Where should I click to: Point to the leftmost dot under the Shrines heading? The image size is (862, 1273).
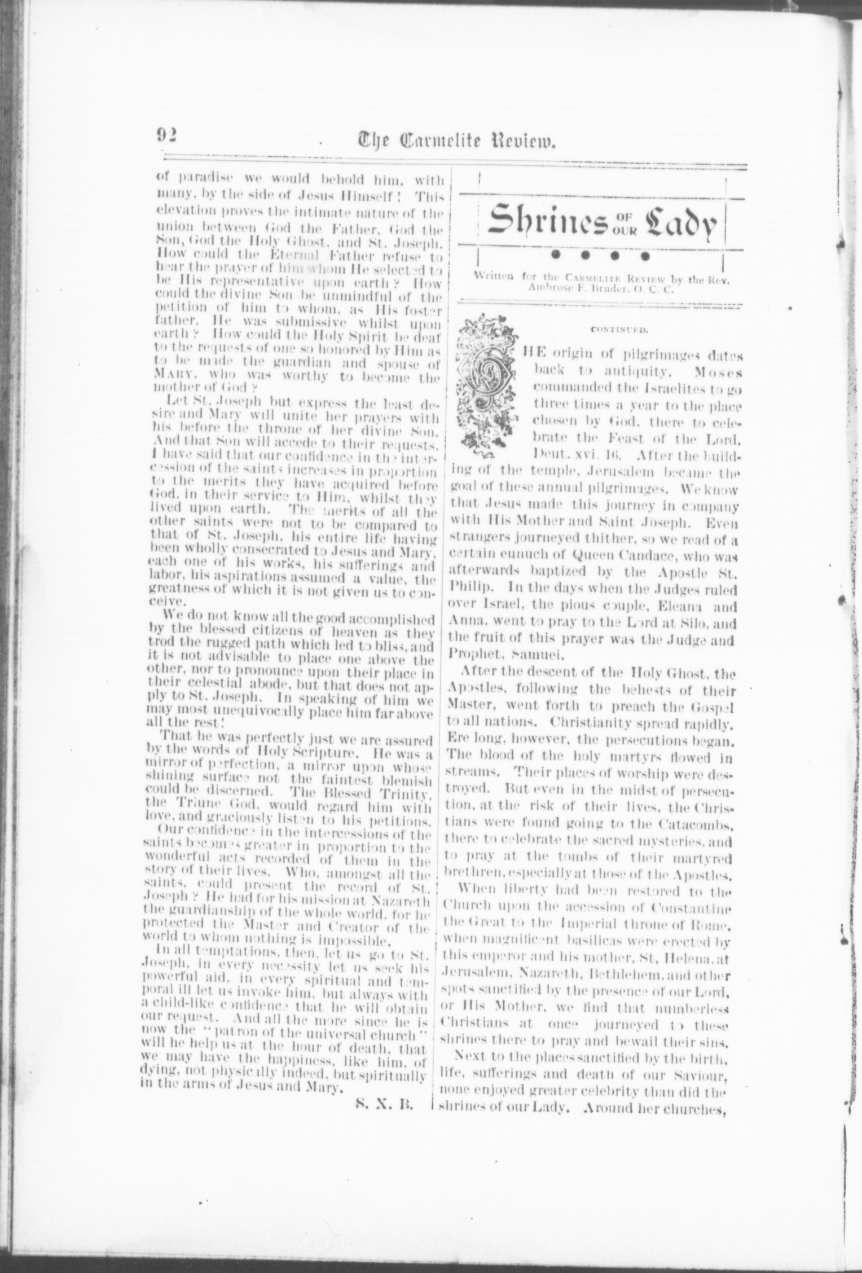[556, 256]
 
